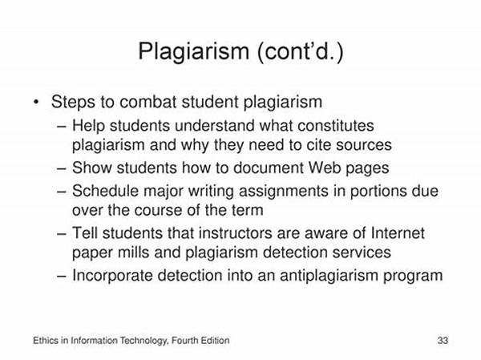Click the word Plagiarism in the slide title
click(x=193, y=51)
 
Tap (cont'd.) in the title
click(x=301, y=51)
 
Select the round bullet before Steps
click(x=37, y=102)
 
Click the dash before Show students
click(x=62, y=168)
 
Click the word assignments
click(x=284, y=191)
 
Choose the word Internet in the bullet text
click(x=398, y=233)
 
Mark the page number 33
click(x=443, y=341)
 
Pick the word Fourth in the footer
click(x=184, y=341)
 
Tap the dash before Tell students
click(x=62, y=233)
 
